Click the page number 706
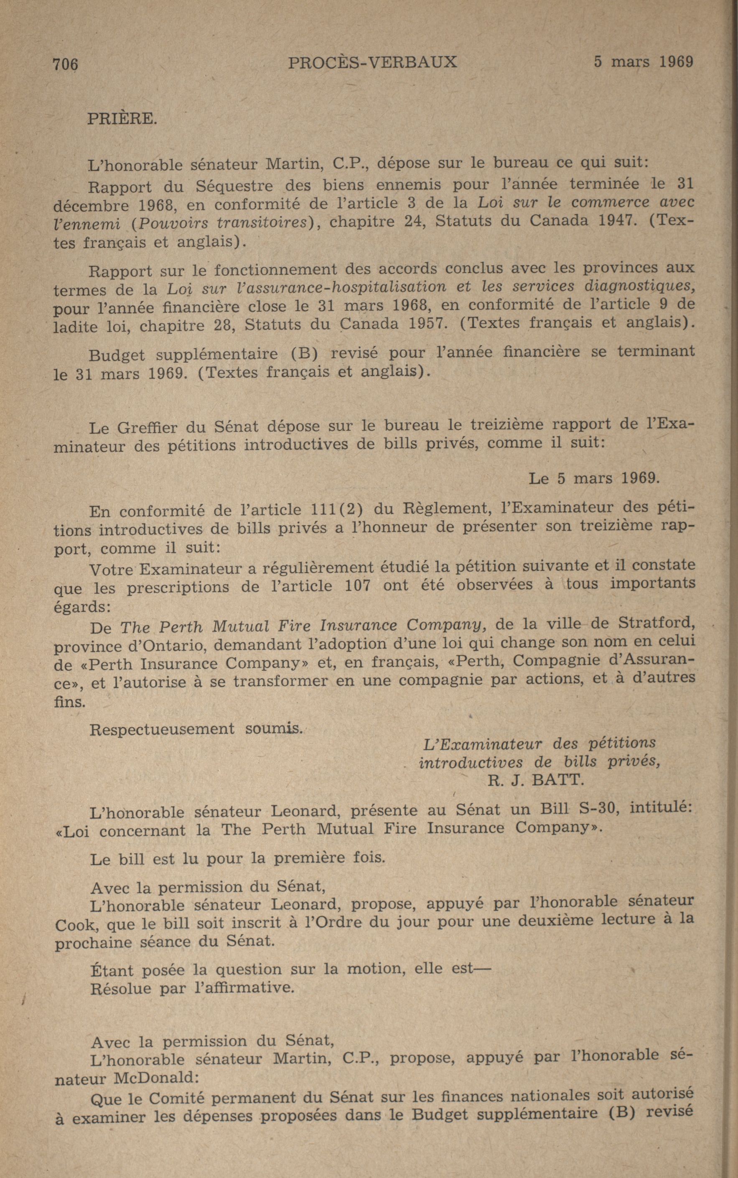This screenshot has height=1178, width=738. [66, 64]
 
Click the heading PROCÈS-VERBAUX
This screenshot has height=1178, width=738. [372, 62]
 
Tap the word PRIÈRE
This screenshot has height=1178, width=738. [122, 119]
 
